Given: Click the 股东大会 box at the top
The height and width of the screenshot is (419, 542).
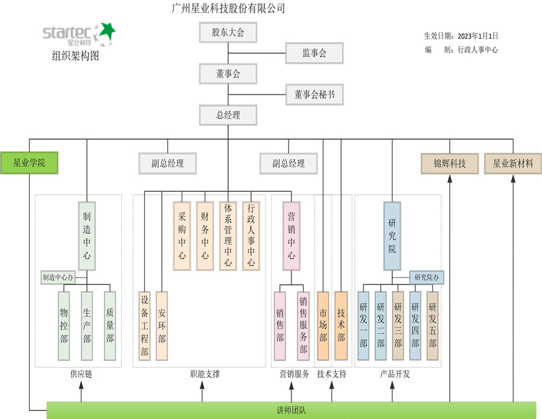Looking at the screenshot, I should (x=228, y=33).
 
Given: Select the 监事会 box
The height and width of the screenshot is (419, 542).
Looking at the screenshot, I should (x=314, y=53).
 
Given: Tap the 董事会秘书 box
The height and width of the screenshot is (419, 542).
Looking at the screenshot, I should (x=314, y=94).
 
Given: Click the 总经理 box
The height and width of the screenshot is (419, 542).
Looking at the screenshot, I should (x=228, y=115).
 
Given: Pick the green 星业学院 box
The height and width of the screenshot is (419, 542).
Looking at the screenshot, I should (x=29, y=163).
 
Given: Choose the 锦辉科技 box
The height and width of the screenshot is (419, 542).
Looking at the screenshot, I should (x=450, y=163).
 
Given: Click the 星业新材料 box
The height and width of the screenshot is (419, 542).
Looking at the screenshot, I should (x=513, y=163).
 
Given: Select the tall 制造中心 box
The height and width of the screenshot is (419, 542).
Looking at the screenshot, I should (x=87, y=236).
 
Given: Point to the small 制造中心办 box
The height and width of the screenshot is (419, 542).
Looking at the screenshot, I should (x=58, y=278).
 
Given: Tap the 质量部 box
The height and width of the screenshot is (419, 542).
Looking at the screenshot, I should (x=110, y=326).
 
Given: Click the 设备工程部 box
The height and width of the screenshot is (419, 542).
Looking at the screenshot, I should (x=144, y=326).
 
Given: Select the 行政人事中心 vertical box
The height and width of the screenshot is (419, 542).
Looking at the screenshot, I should (x=251, y=236).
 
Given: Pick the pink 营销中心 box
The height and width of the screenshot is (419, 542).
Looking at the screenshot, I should (x=291, y=236).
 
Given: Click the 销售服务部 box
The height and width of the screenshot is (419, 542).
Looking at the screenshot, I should (x=303, y=326).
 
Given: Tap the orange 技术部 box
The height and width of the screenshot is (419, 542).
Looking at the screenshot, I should (x=341, y=326).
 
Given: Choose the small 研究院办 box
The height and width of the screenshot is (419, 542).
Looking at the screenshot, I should (x=427, y=278).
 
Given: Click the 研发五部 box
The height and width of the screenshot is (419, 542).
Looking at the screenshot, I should (x=432, y=326).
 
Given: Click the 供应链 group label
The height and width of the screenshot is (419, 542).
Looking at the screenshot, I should (x=81, y=374).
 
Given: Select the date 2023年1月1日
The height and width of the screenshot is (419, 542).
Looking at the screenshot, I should (x=478, y=36).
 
